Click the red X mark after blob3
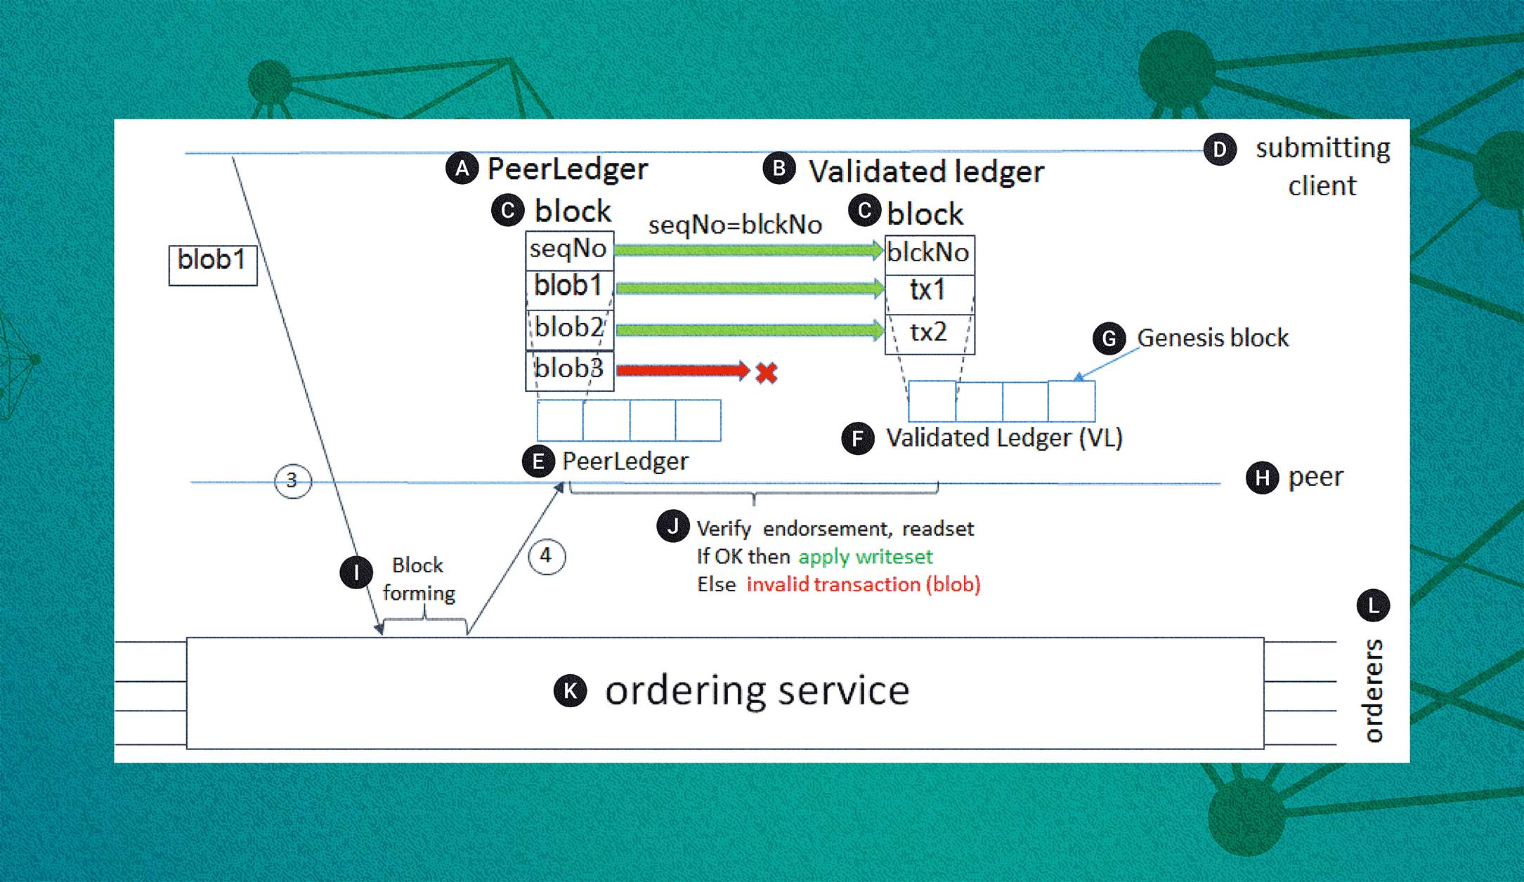[x=767, y=372]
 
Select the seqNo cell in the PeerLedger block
[x=569, y=249]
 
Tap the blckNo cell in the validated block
[x=929, y=253]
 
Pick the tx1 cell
[x=929, y=291]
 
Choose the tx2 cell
[x=929, y=332]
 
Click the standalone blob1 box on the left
[x=212, y=264]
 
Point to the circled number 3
[x=292, y=481]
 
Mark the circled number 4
[x=546, y=557]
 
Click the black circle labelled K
[x=570, y=691]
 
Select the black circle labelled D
[x=1220, y=150]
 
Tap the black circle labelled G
[x=1109, y=339]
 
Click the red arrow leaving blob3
[x=682, y=370]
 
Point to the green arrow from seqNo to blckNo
[x=748, y=250]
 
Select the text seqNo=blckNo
[x=735, y=225]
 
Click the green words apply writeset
[x=865, y=557]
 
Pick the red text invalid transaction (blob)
[x=863, y=585]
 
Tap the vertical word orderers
[x=1374, y=691]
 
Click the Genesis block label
[x=1213, y=338]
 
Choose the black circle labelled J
[x=672, y=526]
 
